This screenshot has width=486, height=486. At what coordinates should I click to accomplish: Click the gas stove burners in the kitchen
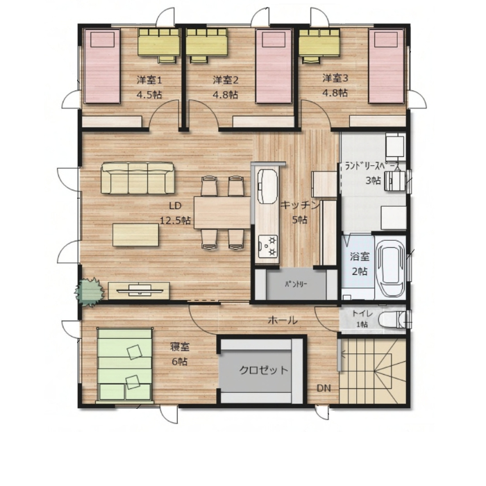pyautogui.click(x=269, y=246)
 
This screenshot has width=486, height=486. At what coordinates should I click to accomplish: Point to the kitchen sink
pyautogui.click(x=267, y=186)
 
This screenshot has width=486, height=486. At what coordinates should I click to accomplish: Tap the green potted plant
pyautogui.click(x=89, y=292)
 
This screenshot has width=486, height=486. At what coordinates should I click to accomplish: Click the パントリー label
pyautogui.click(x=296, y=284)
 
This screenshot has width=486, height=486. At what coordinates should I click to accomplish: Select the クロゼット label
pyautogui.click(x=264, y=370)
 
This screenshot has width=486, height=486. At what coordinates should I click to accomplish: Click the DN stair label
pyautogui.click(x=324, y=388)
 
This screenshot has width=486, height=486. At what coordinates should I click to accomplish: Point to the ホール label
pyautogui.click(x=283, y=320)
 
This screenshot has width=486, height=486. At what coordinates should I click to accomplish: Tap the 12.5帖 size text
pyautogui.click(x=175, y=220)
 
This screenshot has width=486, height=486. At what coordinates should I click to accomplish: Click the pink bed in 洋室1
pyautogui.click(x=102, y=67)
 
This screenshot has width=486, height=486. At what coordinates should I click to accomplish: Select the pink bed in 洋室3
pyautogui.click(x=387, y=67)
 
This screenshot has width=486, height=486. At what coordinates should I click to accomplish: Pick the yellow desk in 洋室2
pyautogui.click(x=207, y=42)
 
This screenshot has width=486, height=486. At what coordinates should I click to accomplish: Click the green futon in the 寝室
pyautogui.click(x=125, y=364)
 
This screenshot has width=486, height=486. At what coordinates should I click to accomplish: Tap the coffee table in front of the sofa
pyautogui.click(x=136, y=235)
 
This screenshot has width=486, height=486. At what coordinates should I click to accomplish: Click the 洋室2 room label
pyautogui.click(x=226, y=81)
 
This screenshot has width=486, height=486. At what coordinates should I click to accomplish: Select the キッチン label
pyautogui.click(x=300, y=206)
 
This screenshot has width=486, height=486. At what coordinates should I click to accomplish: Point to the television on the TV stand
pyautogui.click(x=140, y=290)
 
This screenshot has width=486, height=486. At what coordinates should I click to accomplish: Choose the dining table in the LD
pyautogui.click(x=222, y=212)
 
